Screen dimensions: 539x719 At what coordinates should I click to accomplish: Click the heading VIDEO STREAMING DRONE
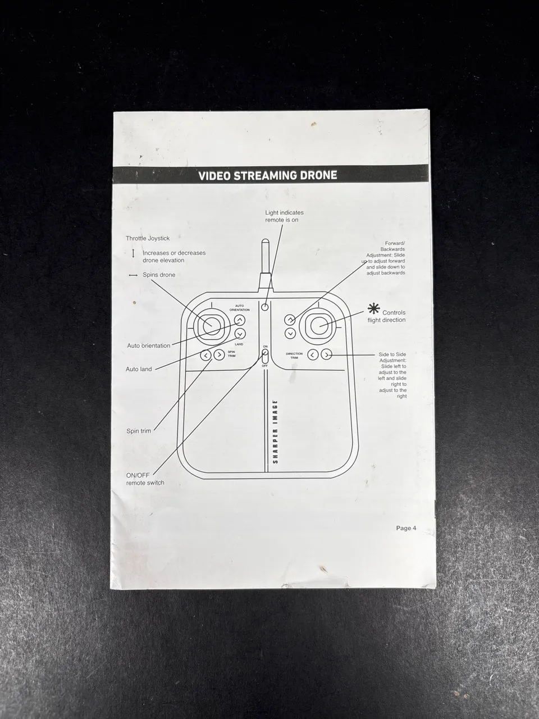coord(267,176)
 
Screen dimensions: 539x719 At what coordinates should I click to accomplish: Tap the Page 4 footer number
coord(406,528)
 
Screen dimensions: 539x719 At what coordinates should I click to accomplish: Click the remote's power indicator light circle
coord(265,307)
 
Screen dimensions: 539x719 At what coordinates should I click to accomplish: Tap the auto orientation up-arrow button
coord(240,320)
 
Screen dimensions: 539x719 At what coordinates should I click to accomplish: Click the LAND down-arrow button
coord(240,334)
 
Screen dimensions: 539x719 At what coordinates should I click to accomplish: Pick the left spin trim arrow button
coord(205,355)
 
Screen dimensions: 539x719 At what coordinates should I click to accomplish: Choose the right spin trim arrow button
coord(219,355)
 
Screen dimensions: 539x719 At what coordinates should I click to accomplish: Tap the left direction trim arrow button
coord(313,354)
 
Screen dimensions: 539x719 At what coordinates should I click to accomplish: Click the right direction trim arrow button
coord(326,354)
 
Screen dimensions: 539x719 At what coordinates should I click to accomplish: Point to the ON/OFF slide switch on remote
coord(265,356)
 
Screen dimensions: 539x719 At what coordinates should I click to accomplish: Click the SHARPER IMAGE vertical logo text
coord(275,432)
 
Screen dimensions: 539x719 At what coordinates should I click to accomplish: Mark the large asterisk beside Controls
coord(373,309)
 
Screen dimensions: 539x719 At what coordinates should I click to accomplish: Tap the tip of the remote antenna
coord(265,240)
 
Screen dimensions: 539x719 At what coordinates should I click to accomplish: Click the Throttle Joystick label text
coord(148,239)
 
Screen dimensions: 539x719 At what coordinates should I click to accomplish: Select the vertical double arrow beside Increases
coord(133,253)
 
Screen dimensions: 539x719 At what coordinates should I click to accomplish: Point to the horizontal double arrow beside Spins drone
coord(133,275)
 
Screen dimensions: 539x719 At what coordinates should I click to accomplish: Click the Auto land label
coord(139,369)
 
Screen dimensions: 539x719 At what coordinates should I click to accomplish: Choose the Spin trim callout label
coord(139,431)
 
